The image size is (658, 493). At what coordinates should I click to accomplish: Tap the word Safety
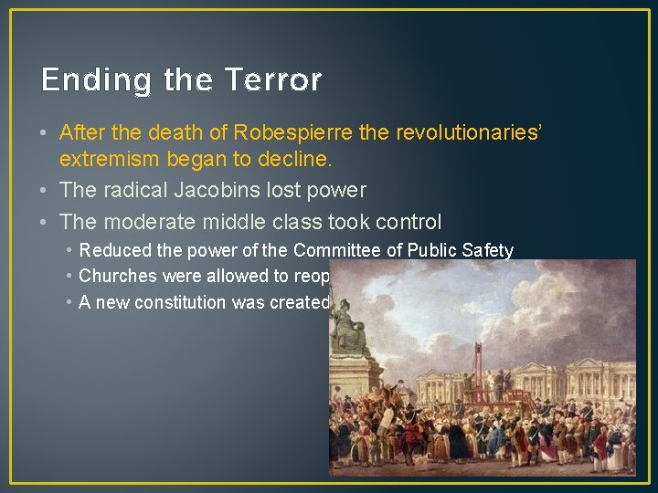488,250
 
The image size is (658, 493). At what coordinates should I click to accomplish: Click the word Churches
115,276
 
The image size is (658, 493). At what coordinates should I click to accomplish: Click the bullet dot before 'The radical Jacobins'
46,191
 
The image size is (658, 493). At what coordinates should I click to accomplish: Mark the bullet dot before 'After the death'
46,133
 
